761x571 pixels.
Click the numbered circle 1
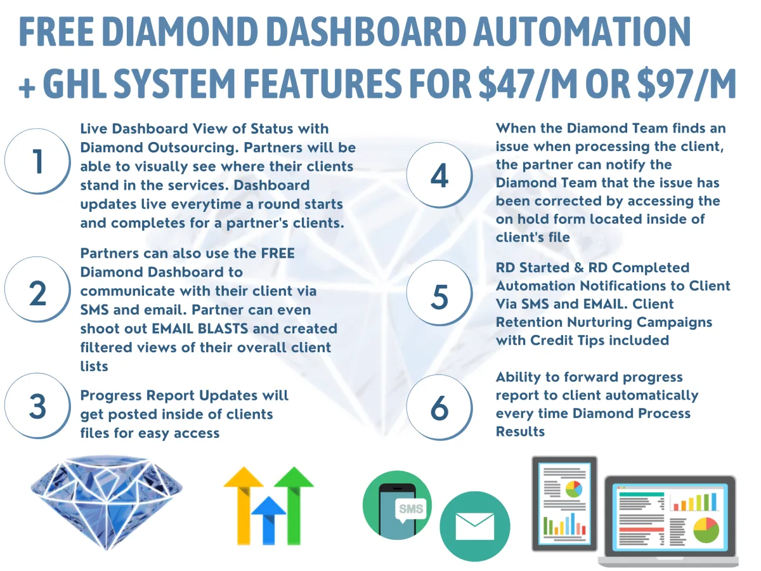point(37,161)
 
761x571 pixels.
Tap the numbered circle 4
point(439,175)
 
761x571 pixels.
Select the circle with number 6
point(439,408)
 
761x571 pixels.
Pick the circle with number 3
point(37,406)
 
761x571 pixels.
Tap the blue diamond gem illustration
point(107,502)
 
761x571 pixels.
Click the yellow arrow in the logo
point(244,506)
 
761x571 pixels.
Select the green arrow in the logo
point(294,506)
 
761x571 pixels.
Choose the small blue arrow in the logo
point(269,521)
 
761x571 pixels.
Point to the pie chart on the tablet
point(574,489)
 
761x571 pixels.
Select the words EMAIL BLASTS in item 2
point(200,328)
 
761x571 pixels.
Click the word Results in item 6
point(520,431)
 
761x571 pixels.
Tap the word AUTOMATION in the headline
point(582,31)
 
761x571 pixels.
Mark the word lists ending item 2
point(94,366)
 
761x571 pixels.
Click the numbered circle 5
point(439,293)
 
